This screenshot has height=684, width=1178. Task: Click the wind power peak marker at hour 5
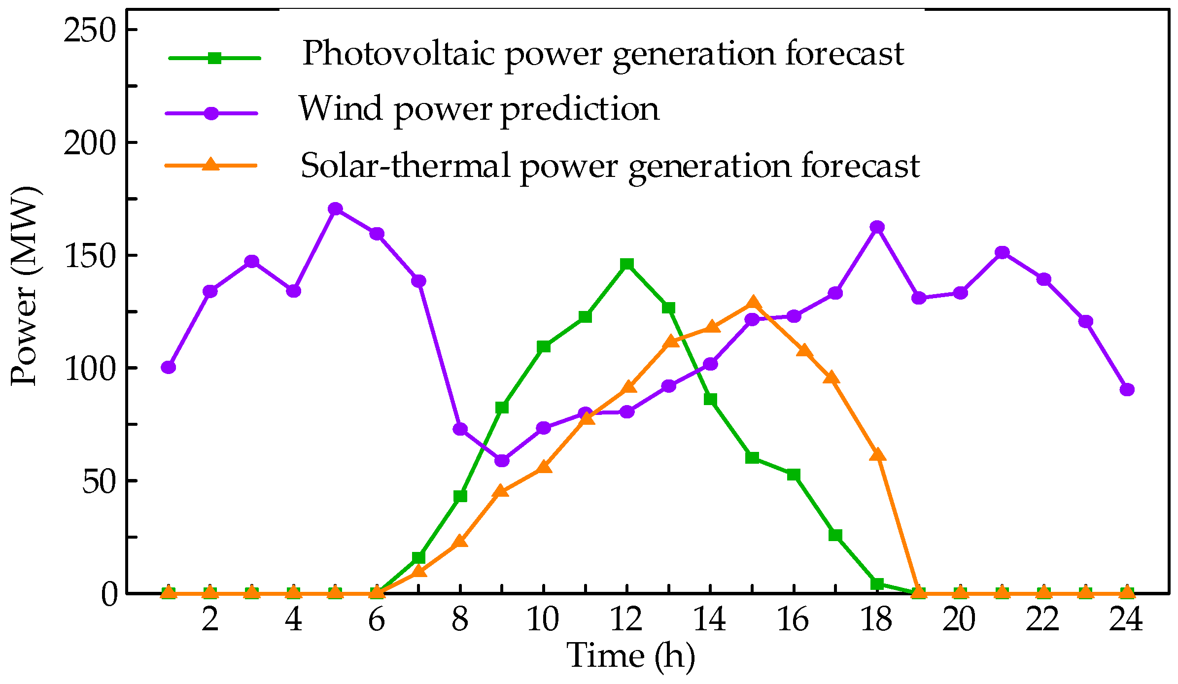tap(335, 209)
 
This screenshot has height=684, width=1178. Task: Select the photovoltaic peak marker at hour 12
tap(626, 264)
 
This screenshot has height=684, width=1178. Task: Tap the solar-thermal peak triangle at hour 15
tap(752, 303)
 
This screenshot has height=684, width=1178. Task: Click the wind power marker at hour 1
tap(169, 367)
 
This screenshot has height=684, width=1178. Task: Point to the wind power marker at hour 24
tap(1127, 389)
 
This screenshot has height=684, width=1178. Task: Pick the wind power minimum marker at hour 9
tap(502, 460)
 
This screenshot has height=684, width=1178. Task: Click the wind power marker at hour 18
tap(877, 227)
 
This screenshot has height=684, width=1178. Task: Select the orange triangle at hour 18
tap(877, 454)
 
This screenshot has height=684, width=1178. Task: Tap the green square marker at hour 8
tap(460, 496)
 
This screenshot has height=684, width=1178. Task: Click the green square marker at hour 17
tap(835, 535)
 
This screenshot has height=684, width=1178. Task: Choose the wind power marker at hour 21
tap(1002, 253)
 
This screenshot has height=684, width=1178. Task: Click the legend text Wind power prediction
tap(479, 108)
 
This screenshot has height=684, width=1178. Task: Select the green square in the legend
tap(214, 58)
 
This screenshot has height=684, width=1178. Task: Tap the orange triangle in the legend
tap(211, 164)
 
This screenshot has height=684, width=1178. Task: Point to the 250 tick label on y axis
tap(89, 31)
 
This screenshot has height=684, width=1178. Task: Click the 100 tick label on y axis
tap(89, 368)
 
